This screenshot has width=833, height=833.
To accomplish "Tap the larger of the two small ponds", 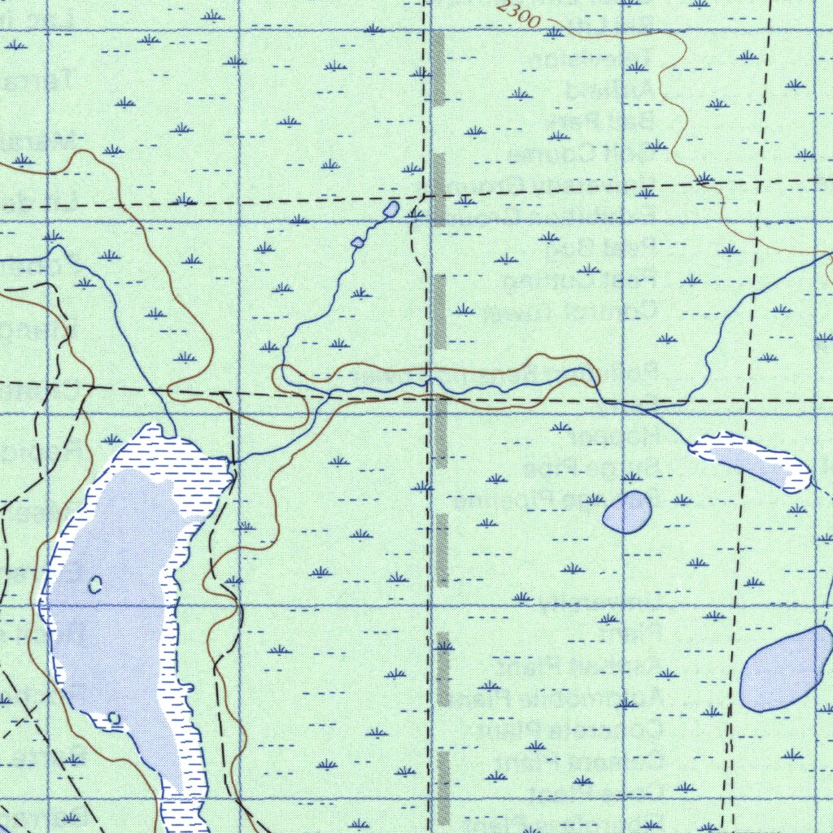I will pyautogui.click(x=390, y=209).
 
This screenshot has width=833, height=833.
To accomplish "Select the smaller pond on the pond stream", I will pyautogui.click(x=356, y=242).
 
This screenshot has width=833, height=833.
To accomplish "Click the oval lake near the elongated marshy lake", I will pyautogui.click(x=626, y=512).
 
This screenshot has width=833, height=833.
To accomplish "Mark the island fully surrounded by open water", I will pyautogui.click(x=95, y=583).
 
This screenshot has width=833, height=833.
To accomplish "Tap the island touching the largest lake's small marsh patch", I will pyautogui.click(x=115, y=718).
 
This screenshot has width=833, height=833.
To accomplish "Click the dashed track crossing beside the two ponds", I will pyautogui.click(x=423, y=196).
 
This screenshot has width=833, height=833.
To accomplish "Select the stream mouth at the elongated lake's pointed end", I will pyautogui.click(x=690, y=445).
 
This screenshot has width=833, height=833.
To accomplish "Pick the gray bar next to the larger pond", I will pyautogui.click(x=439, y=189).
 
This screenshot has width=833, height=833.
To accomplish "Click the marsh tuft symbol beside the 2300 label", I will pyautogui.click(x=553, y=33).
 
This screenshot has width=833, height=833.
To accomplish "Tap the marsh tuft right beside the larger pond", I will pyautogui.click(x=412, y=168).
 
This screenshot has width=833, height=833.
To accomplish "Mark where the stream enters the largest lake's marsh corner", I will pyautogui.click(x=230, y=462).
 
